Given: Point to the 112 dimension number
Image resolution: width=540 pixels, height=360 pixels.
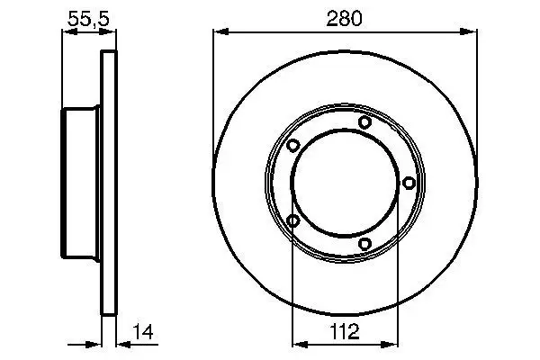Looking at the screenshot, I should pyautogui.click(x=345, y=331).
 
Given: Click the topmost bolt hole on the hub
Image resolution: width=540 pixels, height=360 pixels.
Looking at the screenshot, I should pyautogui.click(x=364, y=122).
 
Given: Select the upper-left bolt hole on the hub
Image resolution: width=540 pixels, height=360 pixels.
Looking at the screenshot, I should pyautogui.click(x=293, y=146).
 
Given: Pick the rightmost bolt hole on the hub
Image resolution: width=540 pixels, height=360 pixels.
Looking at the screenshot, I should pyautogui.click(x=409, y=184).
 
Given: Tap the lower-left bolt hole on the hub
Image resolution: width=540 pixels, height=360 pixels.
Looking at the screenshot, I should pyautogui.click(x=293, y=220).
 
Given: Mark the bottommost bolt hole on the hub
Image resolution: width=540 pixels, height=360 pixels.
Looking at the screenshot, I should pyautogui.click(x=364, y=244).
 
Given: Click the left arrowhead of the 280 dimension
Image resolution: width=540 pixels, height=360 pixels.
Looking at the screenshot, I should pyautogui.click(x=219, y=32).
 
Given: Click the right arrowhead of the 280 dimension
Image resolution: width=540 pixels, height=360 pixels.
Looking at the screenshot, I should pyautogui.click(x=471, y=32).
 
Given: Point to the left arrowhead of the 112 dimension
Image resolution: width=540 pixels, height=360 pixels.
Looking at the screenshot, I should pyautogui.click(x=299, y=343).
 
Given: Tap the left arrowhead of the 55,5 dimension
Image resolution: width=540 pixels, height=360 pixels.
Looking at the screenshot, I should pyautogui.click(x=67, y=32).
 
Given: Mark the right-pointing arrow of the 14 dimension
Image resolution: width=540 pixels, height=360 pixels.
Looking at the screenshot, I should pyautogui.click(x=94, y=343).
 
